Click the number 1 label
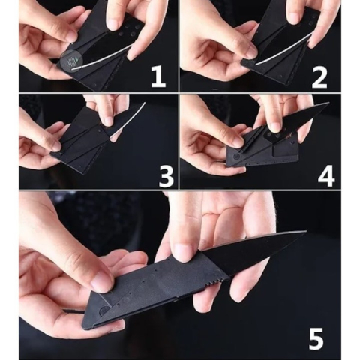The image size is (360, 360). point(157,75)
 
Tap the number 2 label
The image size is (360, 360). point(318,75)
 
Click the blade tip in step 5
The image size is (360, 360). point(304,233)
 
